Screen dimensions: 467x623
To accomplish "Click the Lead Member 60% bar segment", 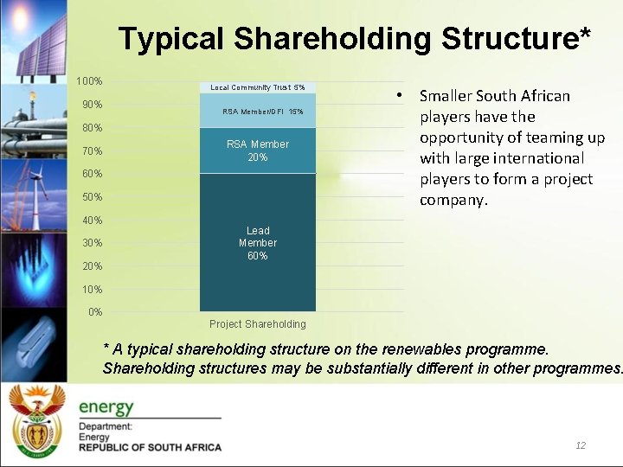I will pos(258,243).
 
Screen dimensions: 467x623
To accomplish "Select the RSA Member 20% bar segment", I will pos(258,150).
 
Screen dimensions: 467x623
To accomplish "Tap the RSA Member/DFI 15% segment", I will pos(258,112).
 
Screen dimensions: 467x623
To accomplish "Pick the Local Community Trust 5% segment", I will pos(258,87).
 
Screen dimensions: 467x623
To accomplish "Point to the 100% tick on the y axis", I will pos(89,81).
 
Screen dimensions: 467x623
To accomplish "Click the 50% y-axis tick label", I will pos(92,197).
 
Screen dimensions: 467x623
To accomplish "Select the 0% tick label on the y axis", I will pos(95,312).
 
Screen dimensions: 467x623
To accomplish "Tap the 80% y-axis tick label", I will pos(92,128).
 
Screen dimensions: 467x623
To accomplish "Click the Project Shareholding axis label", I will pos(258,324).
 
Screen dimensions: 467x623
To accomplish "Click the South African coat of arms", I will pos(36,423).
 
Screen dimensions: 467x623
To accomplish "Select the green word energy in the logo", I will pos(106,406).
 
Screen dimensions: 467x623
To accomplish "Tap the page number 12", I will pos(581,445).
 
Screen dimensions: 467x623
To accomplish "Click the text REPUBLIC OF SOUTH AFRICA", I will pos(150,447).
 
